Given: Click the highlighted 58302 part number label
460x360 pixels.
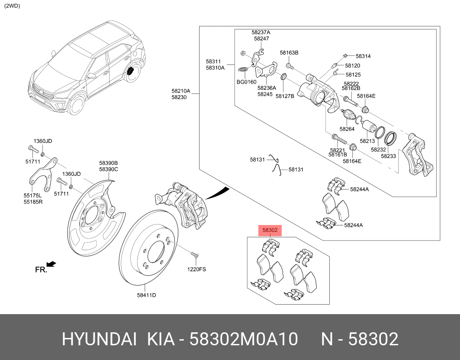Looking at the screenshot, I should (270, 230).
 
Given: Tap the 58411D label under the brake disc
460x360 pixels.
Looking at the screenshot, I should (146, 295).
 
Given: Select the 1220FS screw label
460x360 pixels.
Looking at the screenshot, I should (196, 269).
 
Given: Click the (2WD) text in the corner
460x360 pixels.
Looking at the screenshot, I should (12, 6).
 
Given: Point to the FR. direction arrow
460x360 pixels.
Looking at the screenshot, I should (51, 264).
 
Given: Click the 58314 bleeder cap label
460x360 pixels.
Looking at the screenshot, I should (363, 56).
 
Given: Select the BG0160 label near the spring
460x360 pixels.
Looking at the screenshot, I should (246, 82).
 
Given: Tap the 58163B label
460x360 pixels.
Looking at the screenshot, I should (289, 53).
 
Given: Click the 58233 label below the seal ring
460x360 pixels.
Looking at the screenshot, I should (388, 156).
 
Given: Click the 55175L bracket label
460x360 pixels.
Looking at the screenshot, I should (33, 196).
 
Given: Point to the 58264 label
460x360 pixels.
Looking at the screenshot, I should (347, 129).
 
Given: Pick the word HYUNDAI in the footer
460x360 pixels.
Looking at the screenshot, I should (100, 339).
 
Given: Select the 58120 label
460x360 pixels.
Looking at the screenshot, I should (353, 66).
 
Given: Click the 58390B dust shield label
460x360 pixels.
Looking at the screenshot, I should (108, 163).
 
